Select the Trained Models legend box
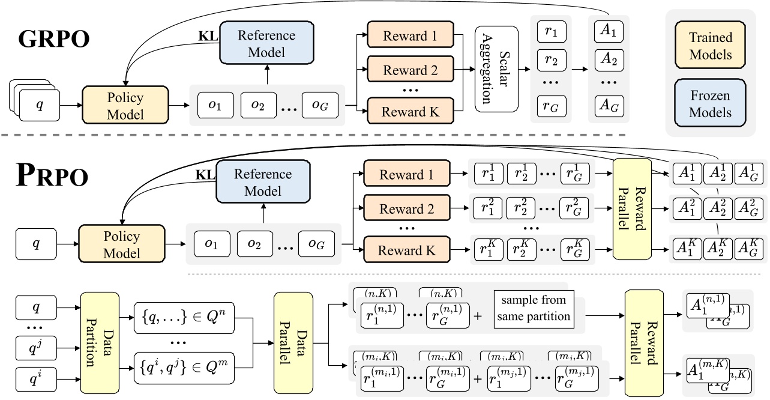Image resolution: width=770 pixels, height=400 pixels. coord(711,46)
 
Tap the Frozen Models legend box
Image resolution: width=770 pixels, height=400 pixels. coord(711,103)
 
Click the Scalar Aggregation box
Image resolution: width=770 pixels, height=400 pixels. coord(496,68)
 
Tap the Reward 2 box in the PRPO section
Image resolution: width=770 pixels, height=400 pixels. coord(406,209)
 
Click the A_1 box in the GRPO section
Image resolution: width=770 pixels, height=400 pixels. coord(609,31)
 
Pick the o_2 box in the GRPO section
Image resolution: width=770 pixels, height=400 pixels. coord(258,105)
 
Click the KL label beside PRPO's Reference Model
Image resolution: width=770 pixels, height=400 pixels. coord(205,175)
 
